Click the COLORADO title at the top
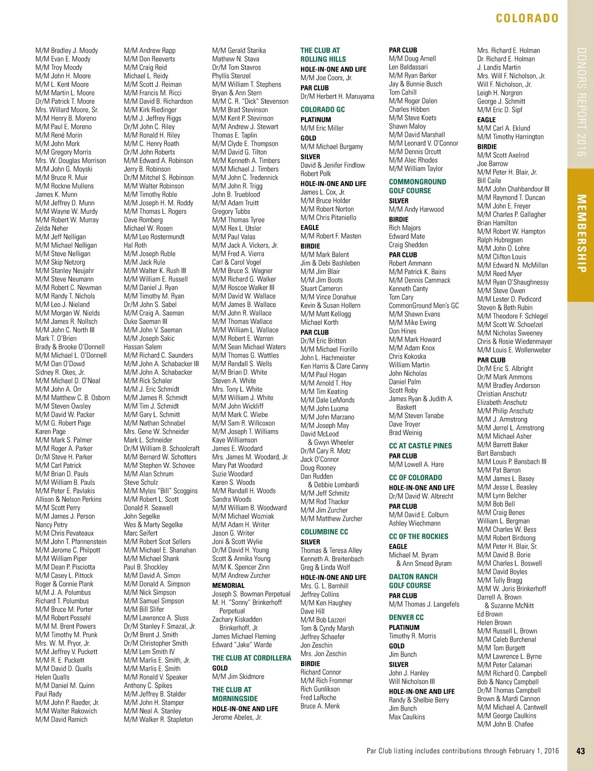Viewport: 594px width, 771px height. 527,18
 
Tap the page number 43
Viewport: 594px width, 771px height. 581,751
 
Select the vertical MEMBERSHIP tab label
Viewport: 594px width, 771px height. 581,233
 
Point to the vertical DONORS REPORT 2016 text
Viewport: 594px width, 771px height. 581,102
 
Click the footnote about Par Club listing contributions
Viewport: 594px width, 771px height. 462,751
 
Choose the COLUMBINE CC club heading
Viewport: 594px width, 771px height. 324,531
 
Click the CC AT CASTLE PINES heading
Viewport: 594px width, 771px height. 420,445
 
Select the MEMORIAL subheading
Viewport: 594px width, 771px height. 228,585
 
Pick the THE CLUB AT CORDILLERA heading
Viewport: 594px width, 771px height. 251,658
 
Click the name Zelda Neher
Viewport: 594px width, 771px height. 52,228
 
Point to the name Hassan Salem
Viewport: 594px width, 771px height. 143,347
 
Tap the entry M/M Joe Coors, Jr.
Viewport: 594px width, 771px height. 326,78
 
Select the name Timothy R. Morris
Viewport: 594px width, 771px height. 412,636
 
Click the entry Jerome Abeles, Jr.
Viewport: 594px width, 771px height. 237,717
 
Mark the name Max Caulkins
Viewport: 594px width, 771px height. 406,717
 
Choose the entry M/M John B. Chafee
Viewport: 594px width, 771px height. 505,724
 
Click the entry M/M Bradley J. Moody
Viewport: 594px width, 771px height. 66,50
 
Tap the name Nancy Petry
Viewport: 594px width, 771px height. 51,525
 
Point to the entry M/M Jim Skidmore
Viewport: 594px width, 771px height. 238,676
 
